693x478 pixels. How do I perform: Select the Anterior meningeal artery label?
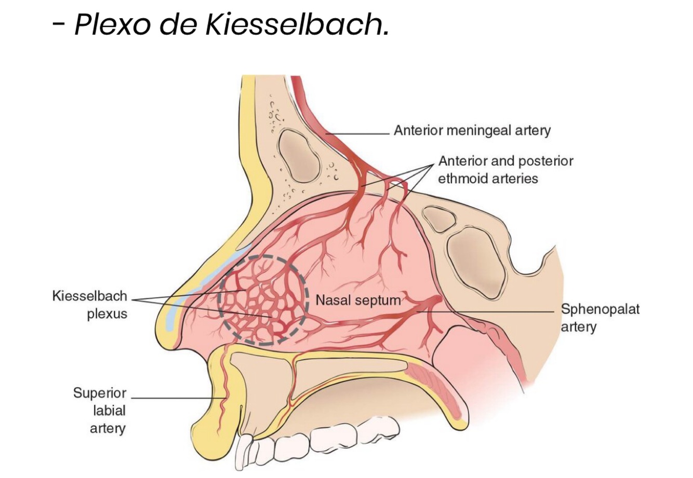pos(472,130)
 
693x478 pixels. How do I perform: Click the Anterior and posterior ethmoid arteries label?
pos(505,170)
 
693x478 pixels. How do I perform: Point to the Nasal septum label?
pos(358,300)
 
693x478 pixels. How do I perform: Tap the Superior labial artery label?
pos(100,410)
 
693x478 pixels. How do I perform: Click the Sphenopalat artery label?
pos(600,318)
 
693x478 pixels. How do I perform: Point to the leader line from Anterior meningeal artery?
pos(358,133)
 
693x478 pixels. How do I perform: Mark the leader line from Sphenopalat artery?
pos(499,311)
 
